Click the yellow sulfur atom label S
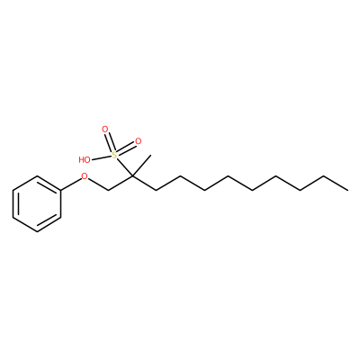(114, 155)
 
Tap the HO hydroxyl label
(85, 159)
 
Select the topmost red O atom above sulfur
(104, 130)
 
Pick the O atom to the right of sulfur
(138, 141)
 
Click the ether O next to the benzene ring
(85, 176)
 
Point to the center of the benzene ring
(37, 203)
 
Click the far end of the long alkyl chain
(348, 190)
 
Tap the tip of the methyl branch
(151, 155)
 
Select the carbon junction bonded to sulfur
(132, 176)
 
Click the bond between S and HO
(102, 157)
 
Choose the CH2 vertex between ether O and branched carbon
(109, 190)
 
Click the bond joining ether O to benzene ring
(71, 183)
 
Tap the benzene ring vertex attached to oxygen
(61, 190)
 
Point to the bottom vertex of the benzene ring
(37, 231)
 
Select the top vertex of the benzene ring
(37, 176)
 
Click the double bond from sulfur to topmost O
(109, 142)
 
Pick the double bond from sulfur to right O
(126, 148)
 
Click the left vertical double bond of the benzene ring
(14, 203)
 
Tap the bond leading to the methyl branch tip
(141, 166)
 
